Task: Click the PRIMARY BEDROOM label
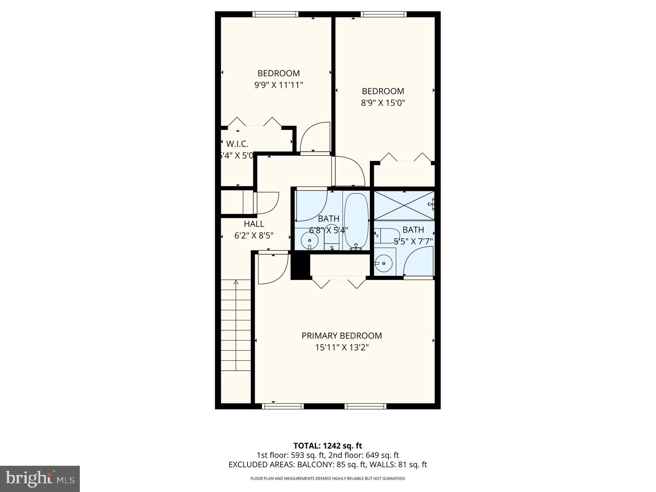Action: (341, 336)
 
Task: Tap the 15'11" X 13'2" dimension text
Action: (341, 348)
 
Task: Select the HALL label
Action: (254, 224)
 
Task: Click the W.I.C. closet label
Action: (237, 144)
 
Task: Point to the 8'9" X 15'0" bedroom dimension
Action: (383, 103)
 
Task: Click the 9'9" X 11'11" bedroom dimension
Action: (279, 85)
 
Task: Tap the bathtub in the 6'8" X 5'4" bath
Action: (356, 221)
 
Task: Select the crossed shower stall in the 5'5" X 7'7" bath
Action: (404, 205)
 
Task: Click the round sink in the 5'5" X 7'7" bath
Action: (383, 263)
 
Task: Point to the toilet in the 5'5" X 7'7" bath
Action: (386, 236)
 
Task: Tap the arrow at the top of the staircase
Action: (236, 282)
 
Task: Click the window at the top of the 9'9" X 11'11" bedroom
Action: (275, 14)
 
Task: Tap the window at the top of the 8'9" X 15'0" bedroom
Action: (383, 14)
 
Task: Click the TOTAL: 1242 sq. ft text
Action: (328, 445)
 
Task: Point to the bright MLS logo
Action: (40, 479)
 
